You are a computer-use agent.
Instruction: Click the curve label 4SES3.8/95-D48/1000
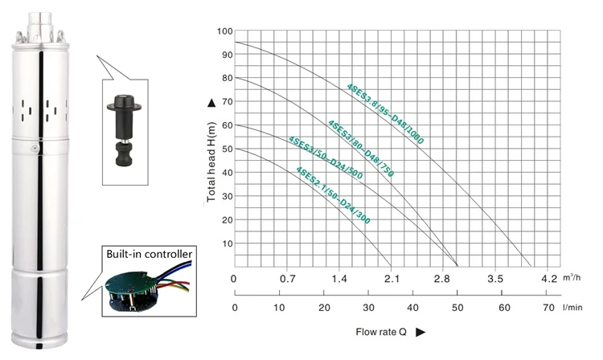385,114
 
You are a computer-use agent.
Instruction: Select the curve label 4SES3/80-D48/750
361,149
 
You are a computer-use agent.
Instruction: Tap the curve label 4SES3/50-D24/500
326,157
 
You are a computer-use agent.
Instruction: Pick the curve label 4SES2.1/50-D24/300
333,195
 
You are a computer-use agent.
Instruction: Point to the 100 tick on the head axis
225,31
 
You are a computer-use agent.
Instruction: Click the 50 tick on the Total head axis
228,149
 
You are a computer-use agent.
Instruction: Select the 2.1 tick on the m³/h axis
392,279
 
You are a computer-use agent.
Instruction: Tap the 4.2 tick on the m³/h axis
549,279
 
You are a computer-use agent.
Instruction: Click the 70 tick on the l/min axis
549,308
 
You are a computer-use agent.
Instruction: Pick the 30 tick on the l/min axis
368,308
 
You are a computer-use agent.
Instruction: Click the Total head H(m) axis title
211,162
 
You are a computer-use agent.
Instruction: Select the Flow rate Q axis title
381,332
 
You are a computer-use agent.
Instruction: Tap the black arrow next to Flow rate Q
420,332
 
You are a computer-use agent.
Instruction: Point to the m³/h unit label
572,277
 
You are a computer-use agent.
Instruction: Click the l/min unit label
572,307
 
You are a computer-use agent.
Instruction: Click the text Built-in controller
150,254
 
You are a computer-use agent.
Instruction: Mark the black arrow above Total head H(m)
211,103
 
